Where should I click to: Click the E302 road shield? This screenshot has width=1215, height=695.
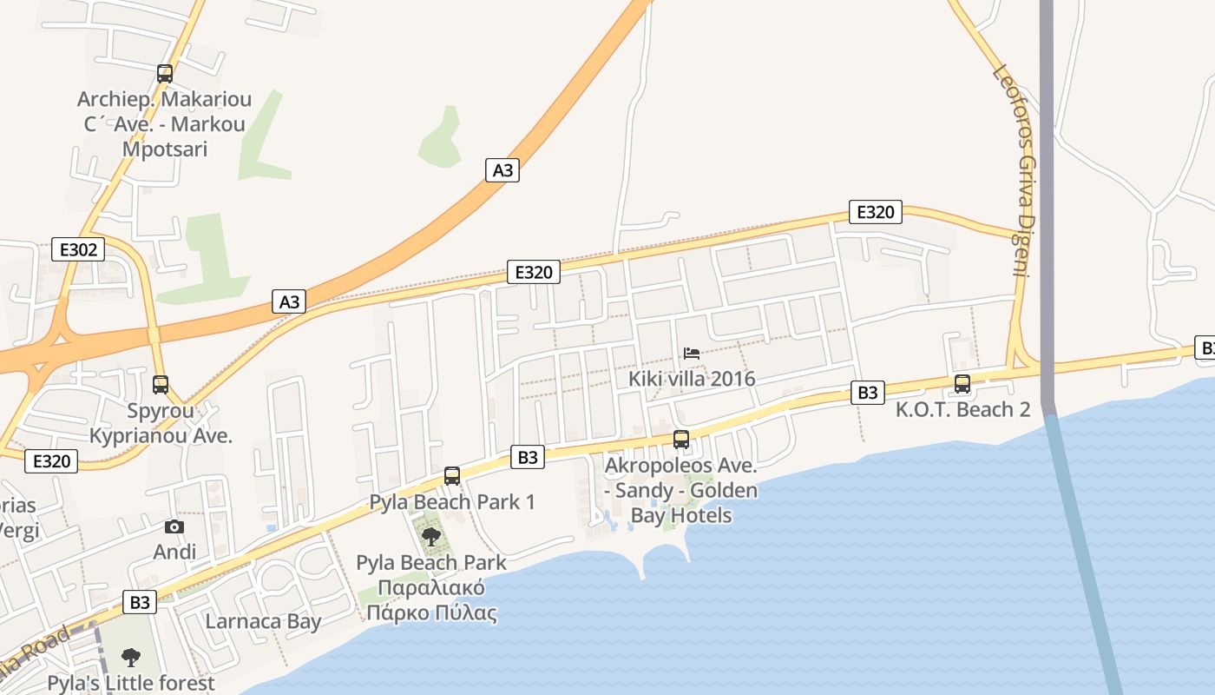point(77,250)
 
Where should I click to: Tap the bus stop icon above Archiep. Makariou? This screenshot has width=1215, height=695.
point(165,74)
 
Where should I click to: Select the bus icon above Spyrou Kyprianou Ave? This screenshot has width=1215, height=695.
point(161,384)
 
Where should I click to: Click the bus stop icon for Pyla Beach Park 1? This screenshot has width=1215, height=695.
point(452,475)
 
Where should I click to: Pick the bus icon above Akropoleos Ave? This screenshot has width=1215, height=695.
point(681,440)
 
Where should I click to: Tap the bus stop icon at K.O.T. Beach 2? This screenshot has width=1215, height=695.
point(962,384)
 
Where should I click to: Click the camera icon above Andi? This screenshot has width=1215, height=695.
point(174,526)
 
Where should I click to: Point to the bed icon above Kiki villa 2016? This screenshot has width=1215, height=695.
point(692,353)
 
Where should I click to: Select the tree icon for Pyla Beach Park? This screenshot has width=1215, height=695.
point(430,536)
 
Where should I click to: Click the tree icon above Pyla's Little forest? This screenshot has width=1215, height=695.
point(131,657)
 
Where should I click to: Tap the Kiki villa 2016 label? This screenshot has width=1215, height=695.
point(692,379)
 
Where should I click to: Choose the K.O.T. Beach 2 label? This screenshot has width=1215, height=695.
point(963,409)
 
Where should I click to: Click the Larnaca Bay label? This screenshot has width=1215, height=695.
point(263,621)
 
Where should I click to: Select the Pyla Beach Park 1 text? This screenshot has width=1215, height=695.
point(452,501)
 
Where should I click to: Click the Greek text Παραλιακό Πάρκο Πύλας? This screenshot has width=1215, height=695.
point(431,600)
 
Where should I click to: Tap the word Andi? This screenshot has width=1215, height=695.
point(174,552)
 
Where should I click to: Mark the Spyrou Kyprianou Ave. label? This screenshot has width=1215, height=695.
point(161,422)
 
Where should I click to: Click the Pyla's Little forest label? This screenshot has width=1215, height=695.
point(131,683)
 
